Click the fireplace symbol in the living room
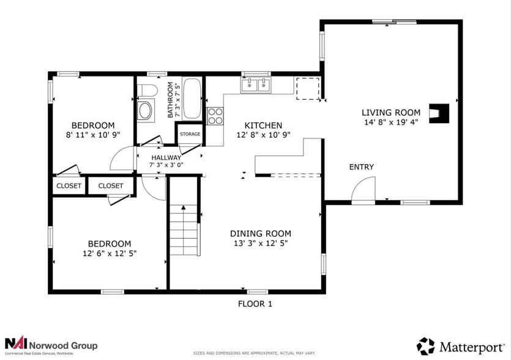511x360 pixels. click(440, 113)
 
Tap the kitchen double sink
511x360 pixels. click(256, 85)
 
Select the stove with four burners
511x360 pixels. click(215, 116)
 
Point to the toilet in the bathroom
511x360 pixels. click(147, 91)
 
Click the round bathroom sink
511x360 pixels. click(146, 111)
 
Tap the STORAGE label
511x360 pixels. click(190, 134)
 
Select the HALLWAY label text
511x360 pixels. click(166, 157)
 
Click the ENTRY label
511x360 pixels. click(361, 167)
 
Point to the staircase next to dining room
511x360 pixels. click(185, 231)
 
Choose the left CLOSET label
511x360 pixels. click(69, 186)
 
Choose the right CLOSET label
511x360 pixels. click(111, 186)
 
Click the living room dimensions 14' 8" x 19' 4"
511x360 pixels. click(391, 122)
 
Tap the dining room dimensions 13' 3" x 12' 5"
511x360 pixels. click(260, 243)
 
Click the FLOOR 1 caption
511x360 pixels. click(255, 304)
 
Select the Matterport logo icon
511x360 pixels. click(426, 346)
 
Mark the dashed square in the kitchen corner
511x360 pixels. click(307, 88)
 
